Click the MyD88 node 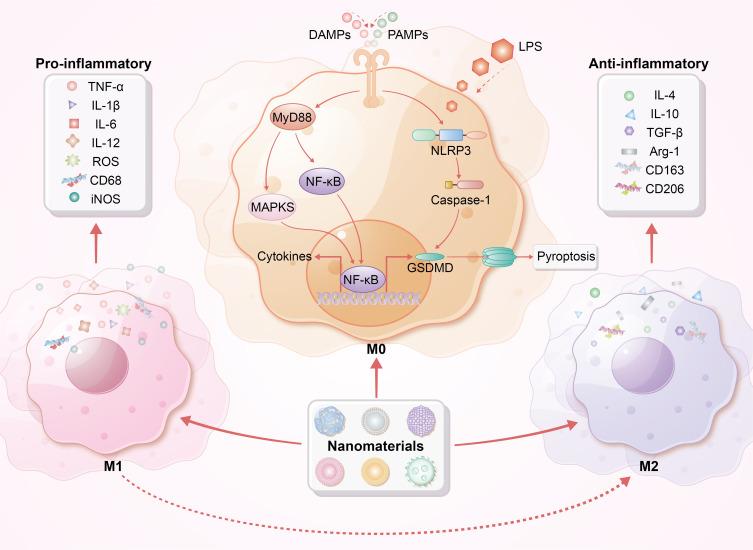tap(288, 121)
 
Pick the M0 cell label tap(376, 347)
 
